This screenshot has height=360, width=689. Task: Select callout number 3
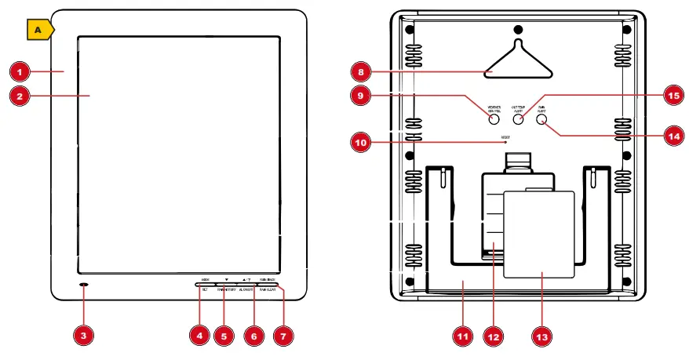pos(84,335)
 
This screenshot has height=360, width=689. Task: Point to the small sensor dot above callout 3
pos(84,282)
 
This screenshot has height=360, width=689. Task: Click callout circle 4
pos(200,335)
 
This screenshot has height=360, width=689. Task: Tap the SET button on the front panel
pos(204,289)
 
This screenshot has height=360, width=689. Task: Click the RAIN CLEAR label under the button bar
pos(268,289)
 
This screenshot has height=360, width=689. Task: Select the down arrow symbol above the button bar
pos(226,278)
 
